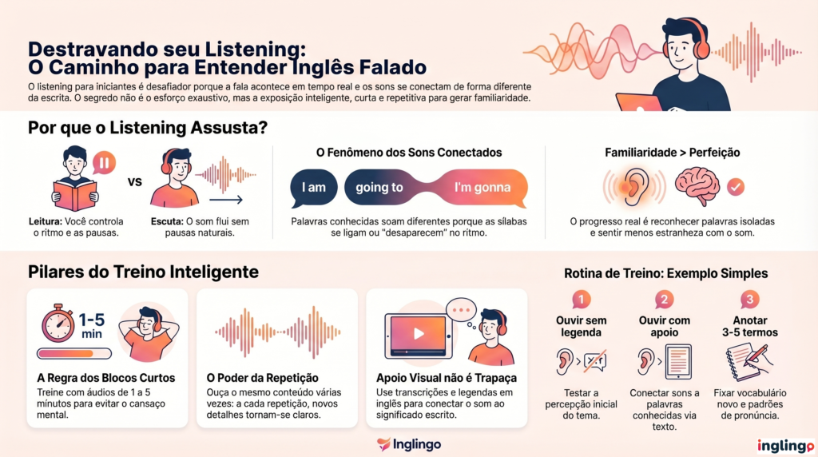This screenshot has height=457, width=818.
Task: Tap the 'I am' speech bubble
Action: click(314, 188)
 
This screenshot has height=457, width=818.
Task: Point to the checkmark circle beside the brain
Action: click(737, 187)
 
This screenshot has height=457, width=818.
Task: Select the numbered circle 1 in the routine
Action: click(581, 299)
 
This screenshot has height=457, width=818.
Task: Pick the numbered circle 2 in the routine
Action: click(664, 299)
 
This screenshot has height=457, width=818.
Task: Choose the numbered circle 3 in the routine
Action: click(749, 299)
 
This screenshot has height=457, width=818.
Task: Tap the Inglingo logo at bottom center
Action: click(408, 444)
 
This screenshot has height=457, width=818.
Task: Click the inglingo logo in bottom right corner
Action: click(785, 445)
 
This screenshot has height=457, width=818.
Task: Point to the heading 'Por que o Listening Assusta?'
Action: click(148, 128)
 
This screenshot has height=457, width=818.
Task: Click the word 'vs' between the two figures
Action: click(135, 181)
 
